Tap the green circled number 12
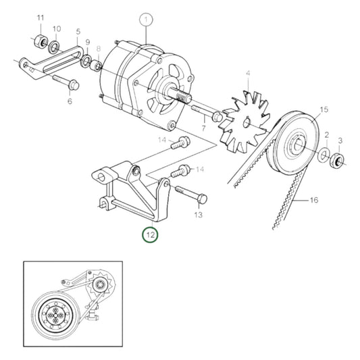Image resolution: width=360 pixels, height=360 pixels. click(x=149, y=235)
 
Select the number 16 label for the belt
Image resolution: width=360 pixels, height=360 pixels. click(x=313, y=200)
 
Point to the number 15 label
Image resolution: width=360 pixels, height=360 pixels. click(x=324, y=109)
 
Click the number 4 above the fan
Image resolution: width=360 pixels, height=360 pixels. click(x=248, y=73)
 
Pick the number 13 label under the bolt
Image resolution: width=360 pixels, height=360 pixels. click(x=198, y=215)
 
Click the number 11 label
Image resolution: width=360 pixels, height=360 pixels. click(x=40, y=17)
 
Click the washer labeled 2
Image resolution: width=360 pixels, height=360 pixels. click(x=325, y=156)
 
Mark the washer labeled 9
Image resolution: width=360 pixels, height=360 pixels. click(x=87, y=62)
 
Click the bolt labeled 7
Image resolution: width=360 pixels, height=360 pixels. click(x=207, y=111)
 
